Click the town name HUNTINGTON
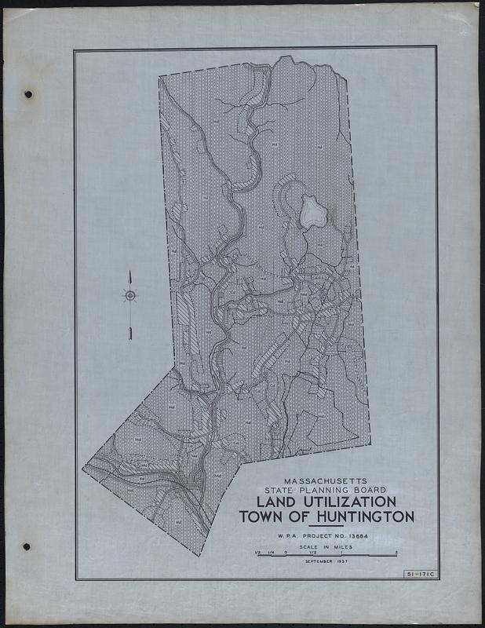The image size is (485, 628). [x=363, y=517]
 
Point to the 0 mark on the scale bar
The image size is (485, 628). [x=286, y=552]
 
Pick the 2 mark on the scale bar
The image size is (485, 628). [x=396, y=552]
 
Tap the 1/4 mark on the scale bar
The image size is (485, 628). [x=271, y=552]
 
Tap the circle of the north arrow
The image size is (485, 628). [x=130, y=295]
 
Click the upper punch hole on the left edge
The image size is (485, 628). [x=28, y=94]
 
